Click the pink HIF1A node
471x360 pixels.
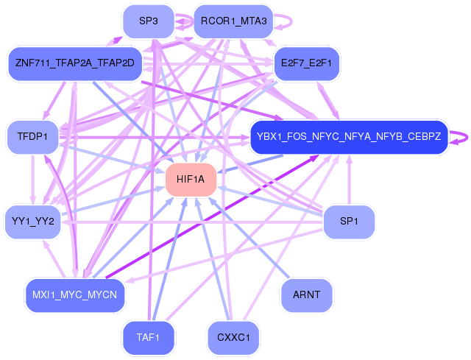[191, 180]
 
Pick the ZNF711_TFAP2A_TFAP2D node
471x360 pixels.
[74, 63]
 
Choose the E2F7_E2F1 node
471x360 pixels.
[306, 63]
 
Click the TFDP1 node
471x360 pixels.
[32, 137]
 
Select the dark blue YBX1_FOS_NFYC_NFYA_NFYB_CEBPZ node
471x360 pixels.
[349, 137]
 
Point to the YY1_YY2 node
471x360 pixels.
[32, 222]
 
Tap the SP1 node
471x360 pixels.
[350, 222]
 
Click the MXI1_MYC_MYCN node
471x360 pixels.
[74, 295]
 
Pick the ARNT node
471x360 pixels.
[306, 295]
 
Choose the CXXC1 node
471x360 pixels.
[233, 338]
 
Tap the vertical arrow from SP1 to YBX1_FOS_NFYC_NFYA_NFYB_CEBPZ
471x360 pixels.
[349, 180]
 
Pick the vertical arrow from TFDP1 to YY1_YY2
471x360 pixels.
[32, 180]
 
